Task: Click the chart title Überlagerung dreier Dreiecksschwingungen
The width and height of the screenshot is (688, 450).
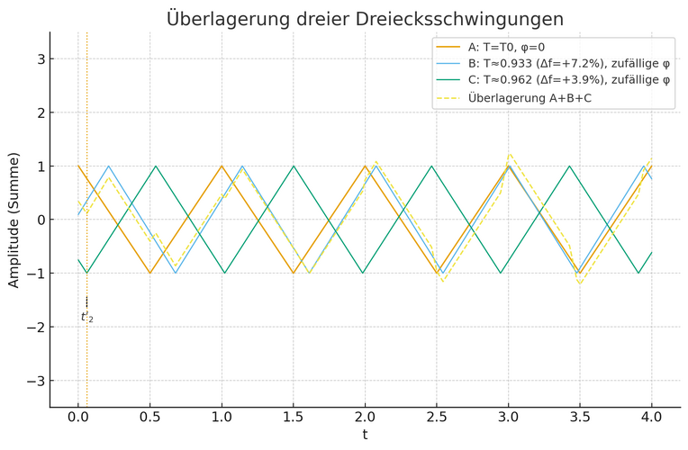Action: click(365, 19)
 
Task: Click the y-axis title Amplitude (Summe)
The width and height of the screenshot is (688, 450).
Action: click(14, 220)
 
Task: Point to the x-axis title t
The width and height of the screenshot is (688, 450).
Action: click(365, 435)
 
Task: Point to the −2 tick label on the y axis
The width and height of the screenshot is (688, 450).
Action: click(37, 327)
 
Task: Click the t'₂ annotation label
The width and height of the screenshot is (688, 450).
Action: click(86, 317)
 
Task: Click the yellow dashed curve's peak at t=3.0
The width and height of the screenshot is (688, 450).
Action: click(509, 155)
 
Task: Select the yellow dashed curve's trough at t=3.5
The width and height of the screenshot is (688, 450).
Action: click(580, 283)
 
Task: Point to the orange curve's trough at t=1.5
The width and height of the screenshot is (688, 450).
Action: click(294, 273)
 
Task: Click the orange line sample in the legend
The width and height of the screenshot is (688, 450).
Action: click(447, 47)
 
